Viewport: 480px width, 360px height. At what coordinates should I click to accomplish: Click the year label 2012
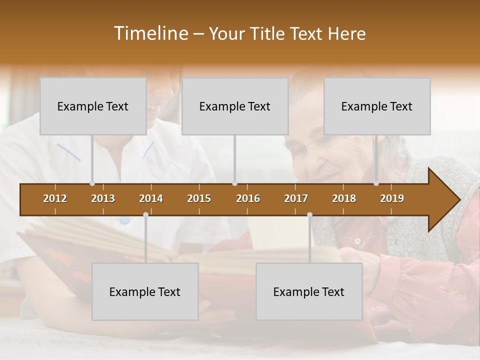tap(55, 198)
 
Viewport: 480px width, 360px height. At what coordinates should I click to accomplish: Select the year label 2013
tap(103, 198)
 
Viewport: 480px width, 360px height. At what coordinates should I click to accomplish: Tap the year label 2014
tap(151, 198)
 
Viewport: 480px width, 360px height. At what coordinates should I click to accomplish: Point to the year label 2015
tap(199, 198)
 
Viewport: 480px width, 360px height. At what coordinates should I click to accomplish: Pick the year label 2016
tap(248, 198)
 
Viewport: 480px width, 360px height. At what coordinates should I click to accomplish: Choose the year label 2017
tap(296, 198)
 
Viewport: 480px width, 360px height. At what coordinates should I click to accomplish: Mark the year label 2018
tap(344, 198)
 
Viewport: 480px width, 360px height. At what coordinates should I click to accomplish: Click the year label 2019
tap(392, 198)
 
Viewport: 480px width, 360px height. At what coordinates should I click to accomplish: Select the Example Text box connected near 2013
tap(93, 106)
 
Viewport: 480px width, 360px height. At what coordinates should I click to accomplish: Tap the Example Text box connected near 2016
tap(235, 106)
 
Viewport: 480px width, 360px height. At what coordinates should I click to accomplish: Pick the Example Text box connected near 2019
tap(377, 106)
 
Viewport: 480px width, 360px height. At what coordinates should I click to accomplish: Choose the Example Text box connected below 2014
tap(145, 291)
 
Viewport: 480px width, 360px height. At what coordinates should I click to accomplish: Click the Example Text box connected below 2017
tap(309, 291)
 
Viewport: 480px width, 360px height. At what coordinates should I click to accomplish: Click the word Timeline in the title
tap(150, 33)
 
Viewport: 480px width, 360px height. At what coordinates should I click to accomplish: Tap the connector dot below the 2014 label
tap(145, 214)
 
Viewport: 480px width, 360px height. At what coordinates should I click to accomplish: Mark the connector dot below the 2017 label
tap(309, 214)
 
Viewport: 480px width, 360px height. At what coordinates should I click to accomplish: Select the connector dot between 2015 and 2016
tap(234, 183)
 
